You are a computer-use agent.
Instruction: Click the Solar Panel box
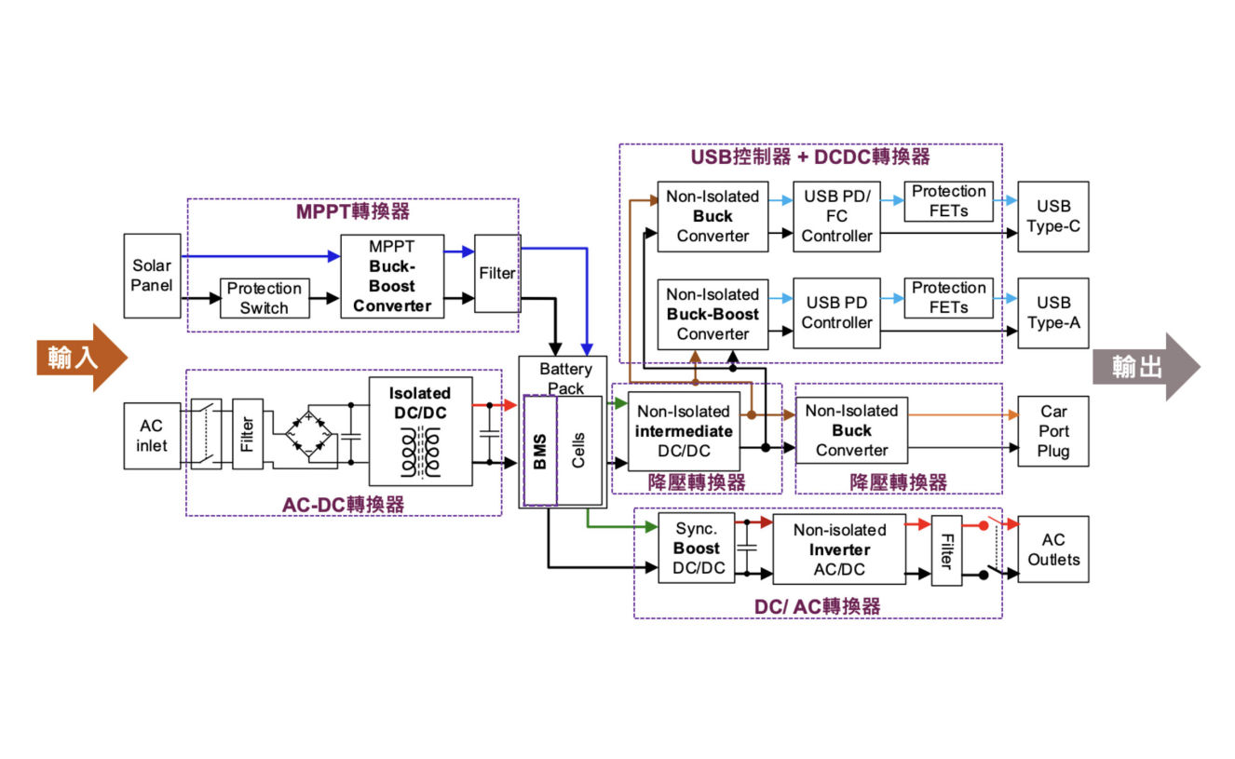[152, 276]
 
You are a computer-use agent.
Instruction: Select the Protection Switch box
[265, 298]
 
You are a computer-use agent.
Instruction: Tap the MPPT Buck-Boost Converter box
[392, 276]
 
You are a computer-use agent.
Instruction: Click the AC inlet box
[152, 435]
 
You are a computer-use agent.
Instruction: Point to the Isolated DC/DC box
[420, 431]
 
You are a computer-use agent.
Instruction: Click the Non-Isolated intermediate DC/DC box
[684, 430]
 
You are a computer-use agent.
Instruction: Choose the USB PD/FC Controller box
[836, 216]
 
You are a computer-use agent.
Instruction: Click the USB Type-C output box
[1053, 216]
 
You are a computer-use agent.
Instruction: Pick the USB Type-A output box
[1053, 312]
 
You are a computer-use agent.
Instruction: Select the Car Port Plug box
[1053, 431]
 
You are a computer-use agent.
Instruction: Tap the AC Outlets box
[1053, 549]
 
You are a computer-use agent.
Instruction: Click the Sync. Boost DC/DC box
[697, 549]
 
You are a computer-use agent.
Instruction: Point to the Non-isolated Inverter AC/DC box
[839, 549]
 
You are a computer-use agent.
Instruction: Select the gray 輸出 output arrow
[1146, 367]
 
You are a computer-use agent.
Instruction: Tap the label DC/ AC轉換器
[817, 606]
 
